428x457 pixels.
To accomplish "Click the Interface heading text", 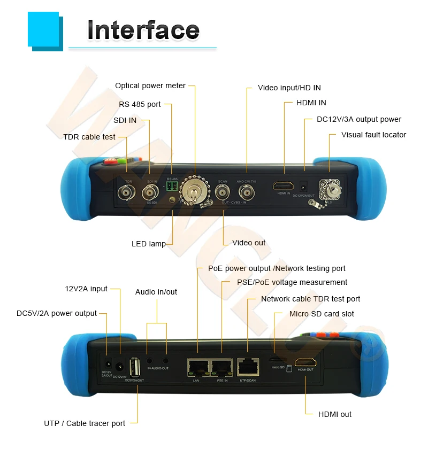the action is (x=143, y=30).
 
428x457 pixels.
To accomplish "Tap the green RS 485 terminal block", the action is (x=171, y=187).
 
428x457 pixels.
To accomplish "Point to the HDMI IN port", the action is (x=283, y=187).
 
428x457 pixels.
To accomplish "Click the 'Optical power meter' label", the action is (x=150, y=86).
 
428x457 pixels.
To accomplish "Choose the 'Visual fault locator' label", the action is (x=373, y=135).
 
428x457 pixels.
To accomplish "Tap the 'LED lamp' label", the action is (x=149, y=244).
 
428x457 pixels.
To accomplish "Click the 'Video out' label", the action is (x=249, y=243).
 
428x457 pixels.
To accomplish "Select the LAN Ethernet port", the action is (x=196, y=367).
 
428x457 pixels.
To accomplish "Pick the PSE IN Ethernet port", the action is (x=221, y=367).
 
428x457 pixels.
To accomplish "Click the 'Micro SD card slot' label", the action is (x=322, y=314).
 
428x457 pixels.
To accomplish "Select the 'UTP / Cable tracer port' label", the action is (x=85, y=423).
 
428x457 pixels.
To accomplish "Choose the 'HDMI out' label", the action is (x=335, y=414).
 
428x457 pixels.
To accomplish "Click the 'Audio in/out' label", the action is (x=156, y=292).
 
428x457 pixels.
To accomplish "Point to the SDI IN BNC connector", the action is (x=151, y=194).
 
